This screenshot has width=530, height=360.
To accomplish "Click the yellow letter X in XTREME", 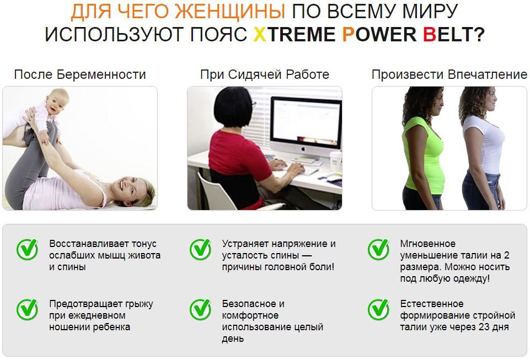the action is (x=260, y=34).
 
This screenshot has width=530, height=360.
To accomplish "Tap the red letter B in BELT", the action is (x=429, y=34).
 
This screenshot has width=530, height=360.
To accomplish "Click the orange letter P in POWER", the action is (x=349, y=34).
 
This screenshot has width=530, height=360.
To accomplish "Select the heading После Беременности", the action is (x=80, y=75).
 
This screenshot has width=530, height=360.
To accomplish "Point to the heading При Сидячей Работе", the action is (x=265, y=75).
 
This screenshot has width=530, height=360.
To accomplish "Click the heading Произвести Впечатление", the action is (x=449, y=75).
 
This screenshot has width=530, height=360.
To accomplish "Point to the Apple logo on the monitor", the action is (x=303, y=149).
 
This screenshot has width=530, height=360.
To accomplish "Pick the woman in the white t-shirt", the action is (x=481, y=148).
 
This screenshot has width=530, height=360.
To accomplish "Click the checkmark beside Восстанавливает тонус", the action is (x=27, y=249).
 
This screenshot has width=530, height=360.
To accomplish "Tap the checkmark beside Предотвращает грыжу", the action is (x=27, y=309).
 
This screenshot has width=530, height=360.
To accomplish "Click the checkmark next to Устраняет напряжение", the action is (x=200, y=249).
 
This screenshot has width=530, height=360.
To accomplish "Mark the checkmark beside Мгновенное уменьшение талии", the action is (x=378, y=249).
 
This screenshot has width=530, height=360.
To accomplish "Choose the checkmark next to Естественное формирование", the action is (x=378, y=309).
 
